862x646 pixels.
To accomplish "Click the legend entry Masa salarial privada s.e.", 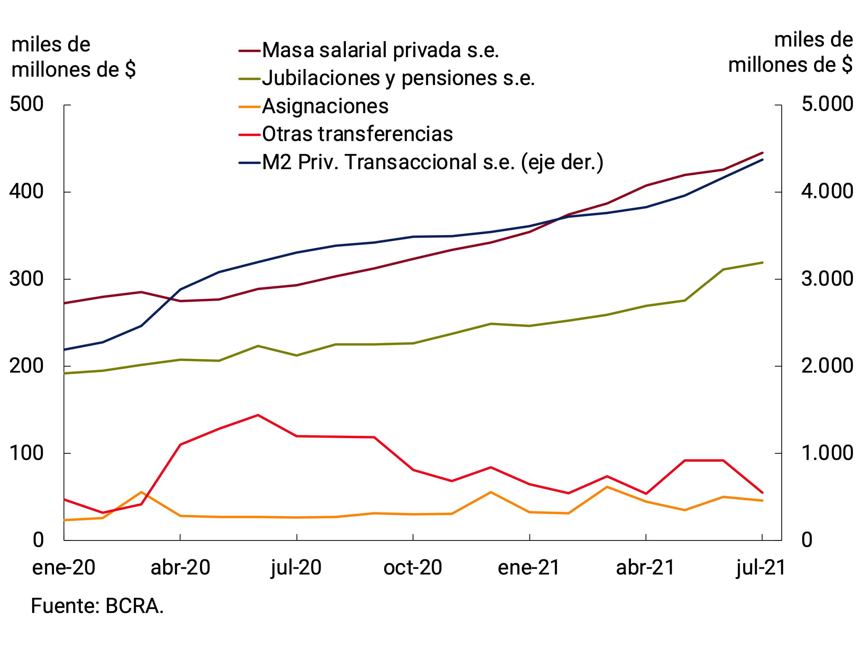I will tap(380, 51).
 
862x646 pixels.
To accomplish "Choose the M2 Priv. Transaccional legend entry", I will tap(432, 162).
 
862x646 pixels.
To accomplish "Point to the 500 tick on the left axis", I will tap(26, 104).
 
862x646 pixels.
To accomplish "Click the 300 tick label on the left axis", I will tap(26, 279).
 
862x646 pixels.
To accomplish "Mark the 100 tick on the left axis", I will tap(26, 453).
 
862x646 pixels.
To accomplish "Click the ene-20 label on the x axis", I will tap(64, 568).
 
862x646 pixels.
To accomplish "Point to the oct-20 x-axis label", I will tap(413, 568).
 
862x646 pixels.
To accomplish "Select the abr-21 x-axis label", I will tap(645, 568).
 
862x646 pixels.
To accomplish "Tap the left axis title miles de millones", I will tap(73, 57).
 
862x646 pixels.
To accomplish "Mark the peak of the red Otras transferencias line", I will tap(258, 415).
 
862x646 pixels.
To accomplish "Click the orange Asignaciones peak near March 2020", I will tap(141, 492).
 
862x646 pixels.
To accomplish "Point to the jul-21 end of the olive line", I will tap(762, 263).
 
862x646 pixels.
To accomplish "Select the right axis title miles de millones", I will tap(790, 53).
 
